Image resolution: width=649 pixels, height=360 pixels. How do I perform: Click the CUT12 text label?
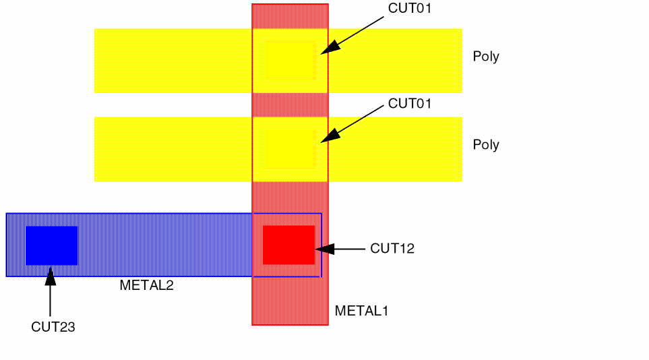point(392,249)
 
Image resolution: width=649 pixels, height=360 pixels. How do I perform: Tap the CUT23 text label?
point(53,327)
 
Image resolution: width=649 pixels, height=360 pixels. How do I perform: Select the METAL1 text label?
point(361,311)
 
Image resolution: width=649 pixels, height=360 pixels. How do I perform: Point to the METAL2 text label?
point(146,285)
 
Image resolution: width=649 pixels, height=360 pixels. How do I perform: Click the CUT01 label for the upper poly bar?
point(409,9)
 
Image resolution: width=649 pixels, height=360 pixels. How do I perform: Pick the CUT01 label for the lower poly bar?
point(409,104)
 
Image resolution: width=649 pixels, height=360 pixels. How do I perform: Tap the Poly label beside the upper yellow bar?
point(486,57)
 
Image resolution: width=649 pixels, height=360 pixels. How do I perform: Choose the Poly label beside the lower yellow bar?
point(486,145)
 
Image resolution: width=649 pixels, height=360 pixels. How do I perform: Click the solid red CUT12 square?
point(288,245)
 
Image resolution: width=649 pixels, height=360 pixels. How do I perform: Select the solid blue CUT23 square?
point(52,245)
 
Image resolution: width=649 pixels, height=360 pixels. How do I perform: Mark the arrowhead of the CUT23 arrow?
point(50,272)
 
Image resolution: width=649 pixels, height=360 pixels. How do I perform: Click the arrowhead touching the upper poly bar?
point(328,49)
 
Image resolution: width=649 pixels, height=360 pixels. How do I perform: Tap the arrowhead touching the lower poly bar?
point(328,137)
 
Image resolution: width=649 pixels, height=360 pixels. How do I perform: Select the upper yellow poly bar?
point(168,61)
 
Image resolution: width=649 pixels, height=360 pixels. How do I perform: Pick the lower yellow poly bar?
point(168,149)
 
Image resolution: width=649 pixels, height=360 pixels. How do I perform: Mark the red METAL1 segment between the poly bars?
point(290,104)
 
